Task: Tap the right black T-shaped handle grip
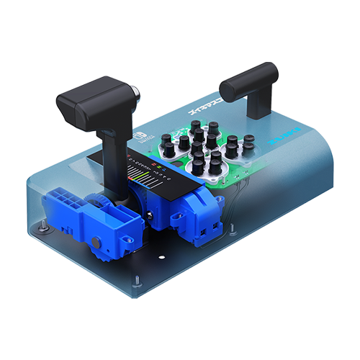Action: click(248, 79)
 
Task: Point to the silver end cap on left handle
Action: click(135, 94)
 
